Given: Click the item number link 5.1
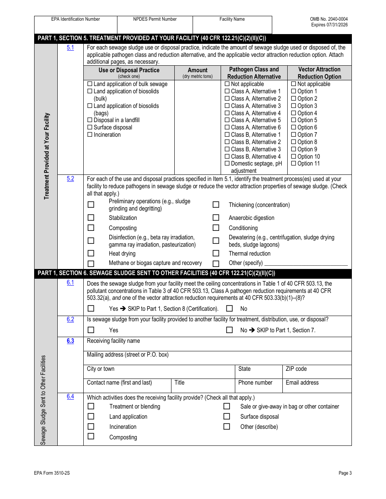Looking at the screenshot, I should (70, 48).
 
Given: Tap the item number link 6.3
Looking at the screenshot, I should (70, 341).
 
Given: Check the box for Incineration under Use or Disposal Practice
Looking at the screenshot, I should (90, 135).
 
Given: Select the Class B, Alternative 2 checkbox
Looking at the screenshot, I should (227, 142).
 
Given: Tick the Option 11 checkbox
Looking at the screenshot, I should (293, 164).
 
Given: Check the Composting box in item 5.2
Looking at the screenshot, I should (91, 228).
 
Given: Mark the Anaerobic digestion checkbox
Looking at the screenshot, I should (216, 218).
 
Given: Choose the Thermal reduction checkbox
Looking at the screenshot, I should (216, 254).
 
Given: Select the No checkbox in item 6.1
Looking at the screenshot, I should (230, 309).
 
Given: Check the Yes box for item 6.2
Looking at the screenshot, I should (91, 330).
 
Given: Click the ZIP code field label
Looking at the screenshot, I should (296, 369).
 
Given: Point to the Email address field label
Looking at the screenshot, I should (302, 383).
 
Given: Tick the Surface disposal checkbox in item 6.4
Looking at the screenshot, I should (227, 417).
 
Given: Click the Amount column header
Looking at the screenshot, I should (197, 70).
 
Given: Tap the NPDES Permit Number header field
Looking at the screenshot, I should (155, 19).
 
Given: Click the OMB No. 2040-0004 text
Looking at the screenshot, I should (329, 19).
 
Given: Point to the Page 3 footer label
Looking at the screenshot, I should (345, 473).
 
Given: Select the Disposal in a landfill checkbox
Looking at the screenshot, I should (90, 120).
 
